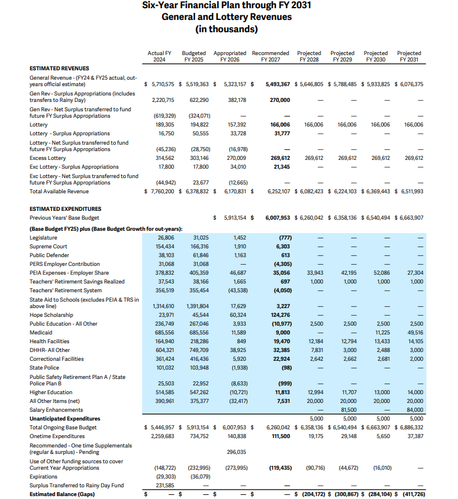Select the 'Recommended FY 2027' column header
(x=270, y=57)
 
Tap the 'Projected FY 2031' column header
(x=409, y=57)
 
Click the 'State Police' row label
(x=44, y=367)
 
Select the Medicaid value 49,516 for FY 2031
(x=414, y=332)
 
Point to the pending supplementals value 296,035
(x=236, y=452)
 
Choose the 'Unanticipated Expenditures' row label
(x=65, y=418)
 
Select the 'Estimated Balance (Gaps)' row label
(x=63, y=494)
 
